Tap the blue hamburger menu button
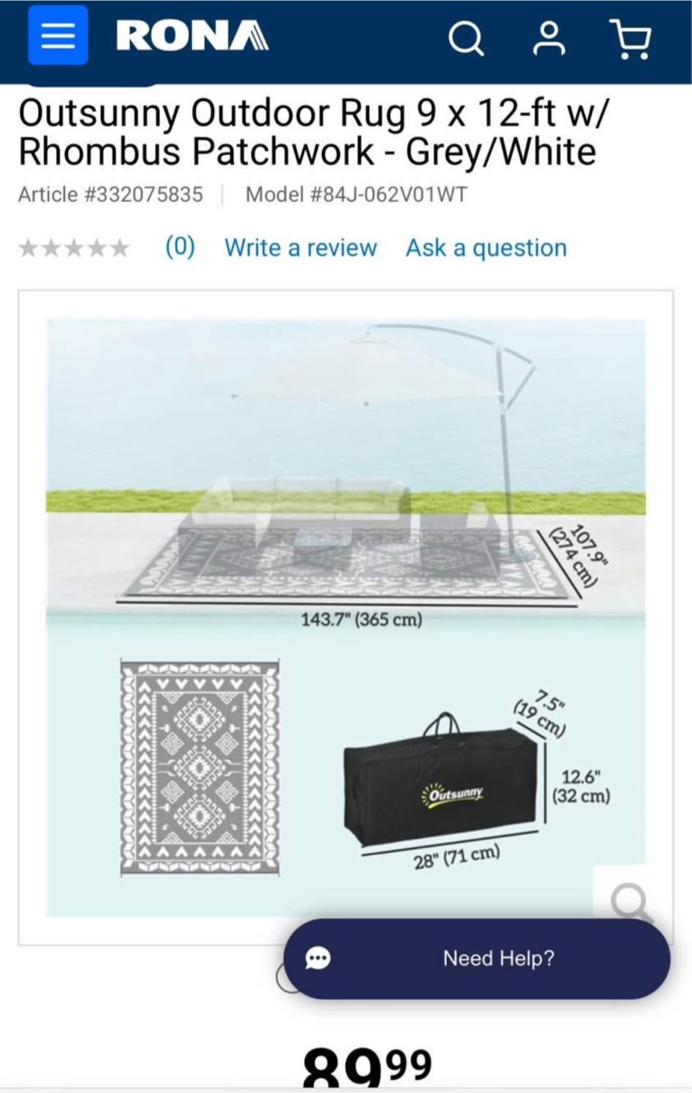pyautogui.click(x=58, y=35)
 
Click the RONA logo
pyautogui.click(x=192, y=36)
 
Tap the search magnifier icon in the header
pyautogui.click(x=466, y=39)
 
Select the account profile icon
pyautogui.click(x=549, y=38)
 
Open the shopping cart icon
pyautogui.click(x=630, y=39)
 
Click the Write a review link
pyautogui.click(x=300, y=247)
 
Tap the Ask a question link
pyautogui.click(x=486, y=247)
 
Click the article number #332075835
pyautogui.click(x=144, y=194)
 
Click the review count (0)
pyautogui.click(x=180, y=247)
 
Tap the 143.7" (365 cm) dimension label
pyautogui.click(x=361, y=619)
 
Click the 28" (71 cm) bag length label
pyautogui.click(x=457, y=858)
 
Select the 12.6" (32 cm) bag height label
pyautogui.click(x=580, y=786)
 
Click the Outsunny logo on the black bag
pyautogui.click(x=453, y=792)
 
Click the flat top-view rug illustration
pyautogui.click(x=200, y=767)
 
